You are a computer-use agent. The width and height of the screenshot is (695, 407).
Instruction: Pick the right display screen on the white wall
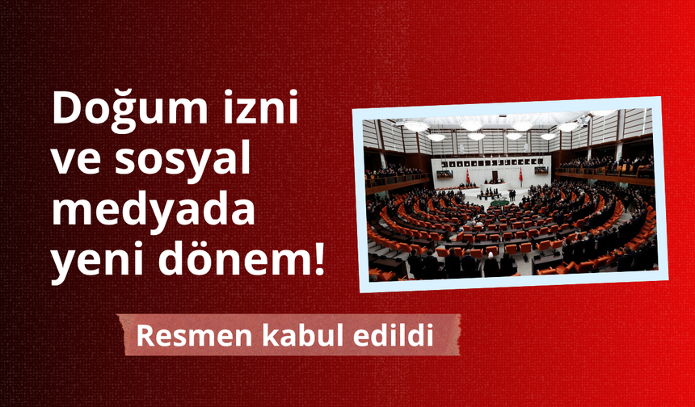(x=541, y=170)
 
